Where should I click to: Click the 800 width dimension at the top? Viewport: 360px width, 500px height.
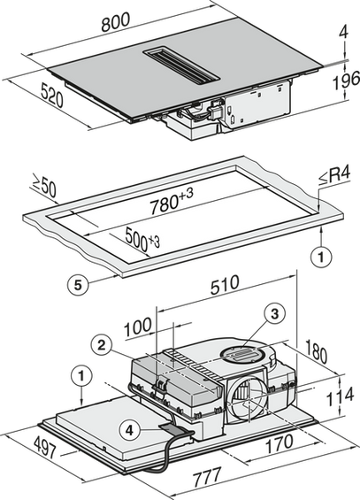point(116,22)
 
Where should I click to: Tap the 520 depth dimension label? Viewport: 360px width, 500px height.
point(52,95)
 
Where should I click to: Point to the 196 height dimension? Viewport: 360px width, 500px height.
point(346,81)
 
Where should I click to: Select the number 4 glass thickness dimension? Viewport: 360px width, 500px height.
point(343,31)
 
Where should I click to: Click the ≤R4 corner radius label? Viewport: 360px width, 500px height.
point(334,175)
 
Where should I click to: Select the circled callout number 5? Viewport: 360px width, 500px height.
point(78,285)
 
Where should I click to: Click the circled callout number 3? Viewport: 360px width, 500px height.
point(274,314)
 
